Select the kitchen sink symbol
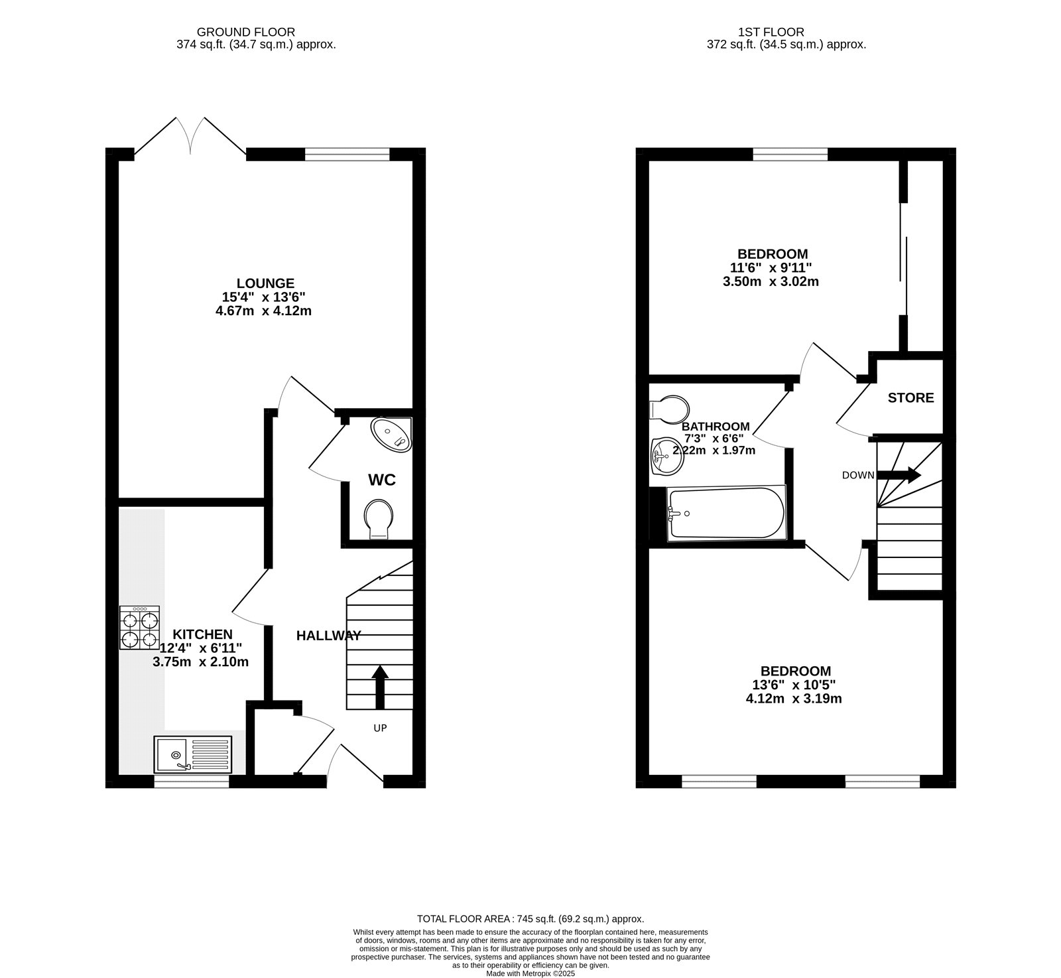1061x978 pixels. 192,755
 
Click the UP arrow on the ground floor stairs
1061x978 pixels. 379,687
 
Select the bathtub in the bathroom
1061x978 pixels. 726,513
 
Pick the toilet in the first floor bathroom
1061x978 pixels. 669,408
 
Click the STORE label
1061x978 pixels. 910,398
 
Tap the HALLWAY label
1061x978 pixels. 328,636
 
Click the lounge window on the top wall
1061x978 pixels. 347,155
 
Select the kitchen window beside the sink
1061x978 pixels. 192,782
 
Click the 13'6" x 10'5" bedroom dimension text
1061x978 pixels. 796,685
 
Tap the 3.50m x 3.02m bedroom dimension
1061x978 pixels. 771,281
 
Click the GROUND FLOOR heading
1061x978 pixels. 246,32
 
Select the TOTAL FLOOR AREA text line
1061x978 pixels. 530,919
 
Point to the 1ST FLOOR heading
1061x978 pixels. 771,32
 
